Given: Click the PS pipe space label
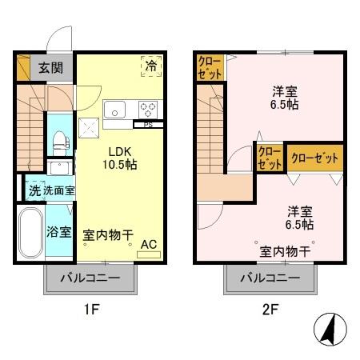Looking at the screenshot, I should click(148, 125).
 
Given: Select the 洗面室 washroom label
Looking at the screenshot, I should click(58, 191).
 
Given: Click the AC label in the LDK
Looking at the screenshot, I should click(148, 244).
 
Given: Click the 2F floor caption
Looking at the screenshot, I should click(270, 308).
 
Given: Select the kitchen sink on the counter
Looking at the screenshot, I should click(114, 108).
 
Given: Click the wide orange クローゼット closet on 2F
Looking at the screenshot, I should click(316, 158).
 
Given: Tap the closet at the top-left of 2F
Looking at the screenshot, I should click(210, 67).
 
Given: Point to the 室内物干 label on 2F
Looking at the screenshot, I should click(285, 252).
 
